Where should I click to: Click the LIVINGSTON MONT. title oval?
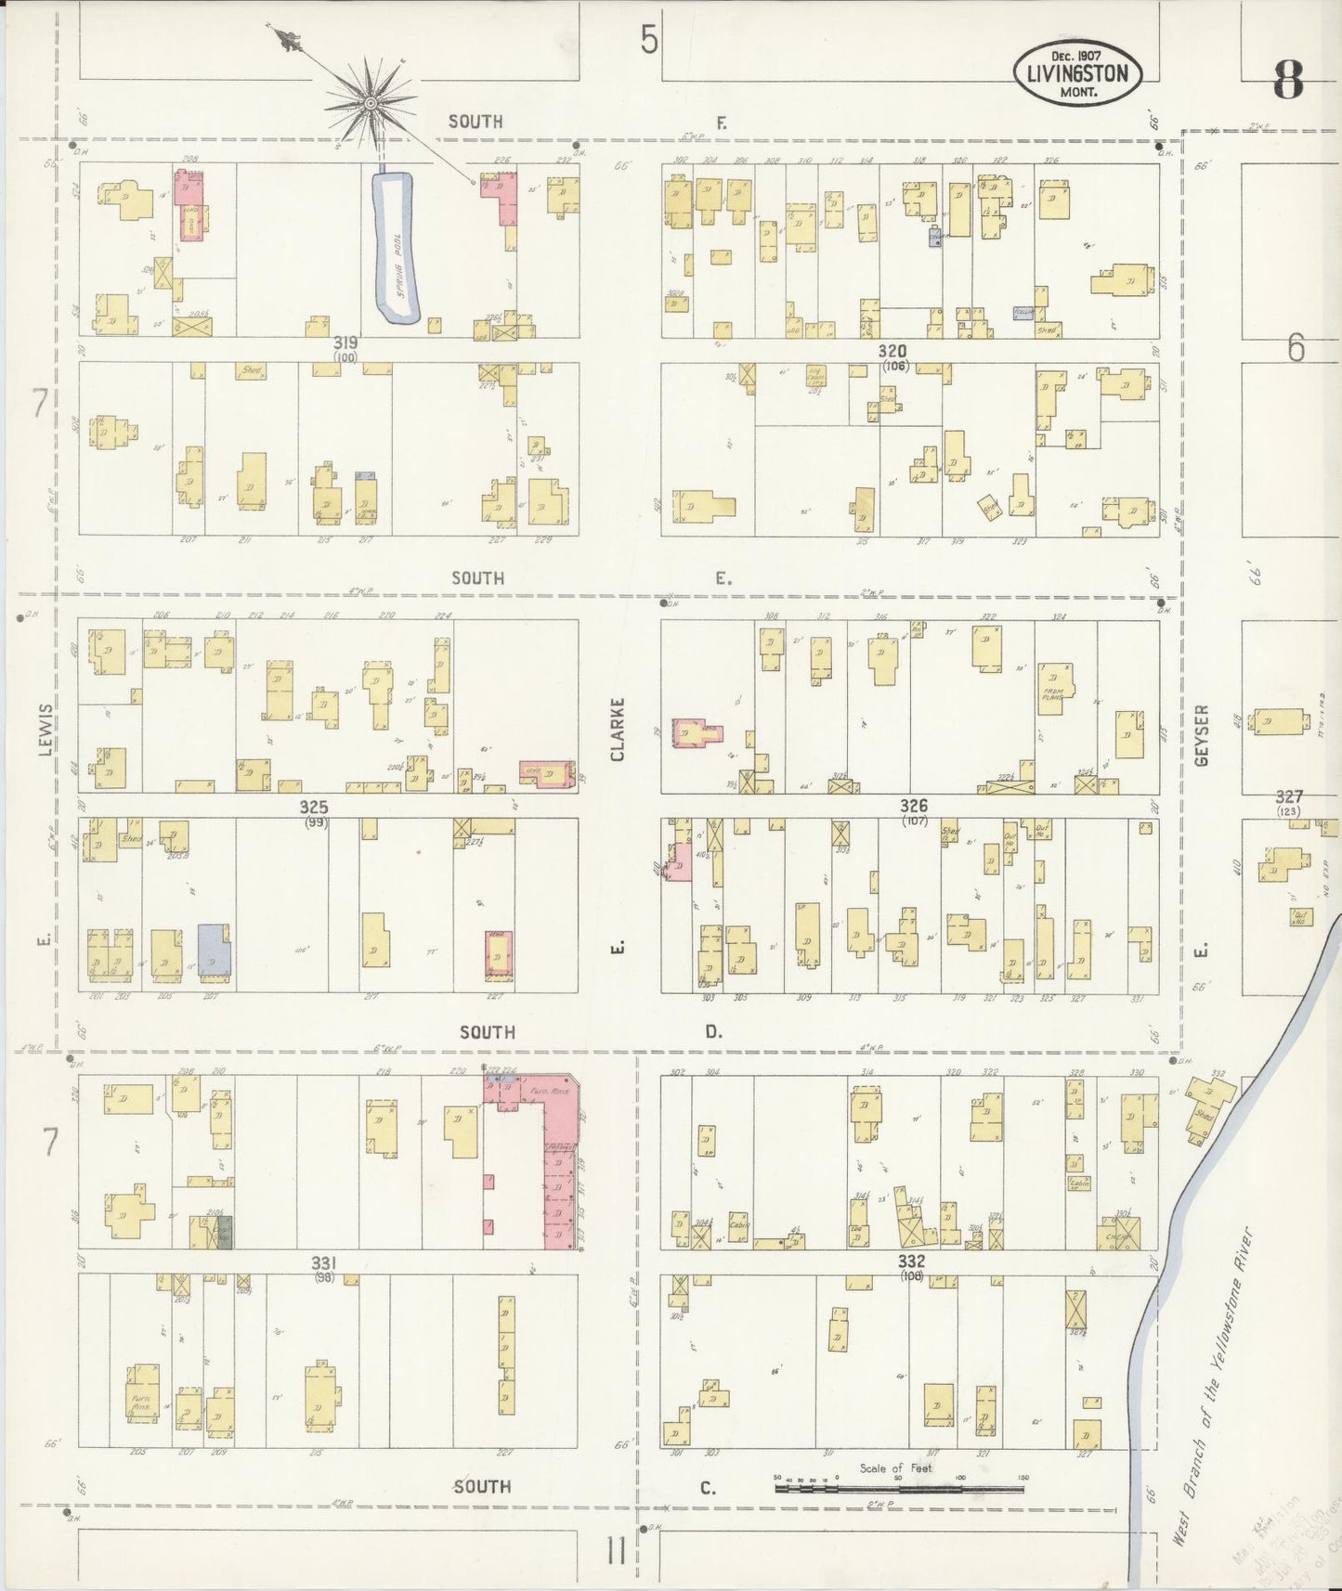point(1077,73)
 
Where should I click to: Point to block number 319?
point(345,343)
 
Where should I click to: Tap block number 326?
point(913,806)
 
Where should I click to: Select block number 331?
point(322,1262)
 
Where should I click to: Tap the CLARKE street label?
point(618,729)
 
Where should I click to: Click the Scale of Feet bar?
point(899,1489)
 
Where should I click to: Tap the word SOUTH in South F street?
point(476,122)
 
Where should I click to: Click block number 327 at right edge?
point(1289,796)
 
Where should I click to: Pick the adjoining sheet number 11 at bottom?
point(616,1551)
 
